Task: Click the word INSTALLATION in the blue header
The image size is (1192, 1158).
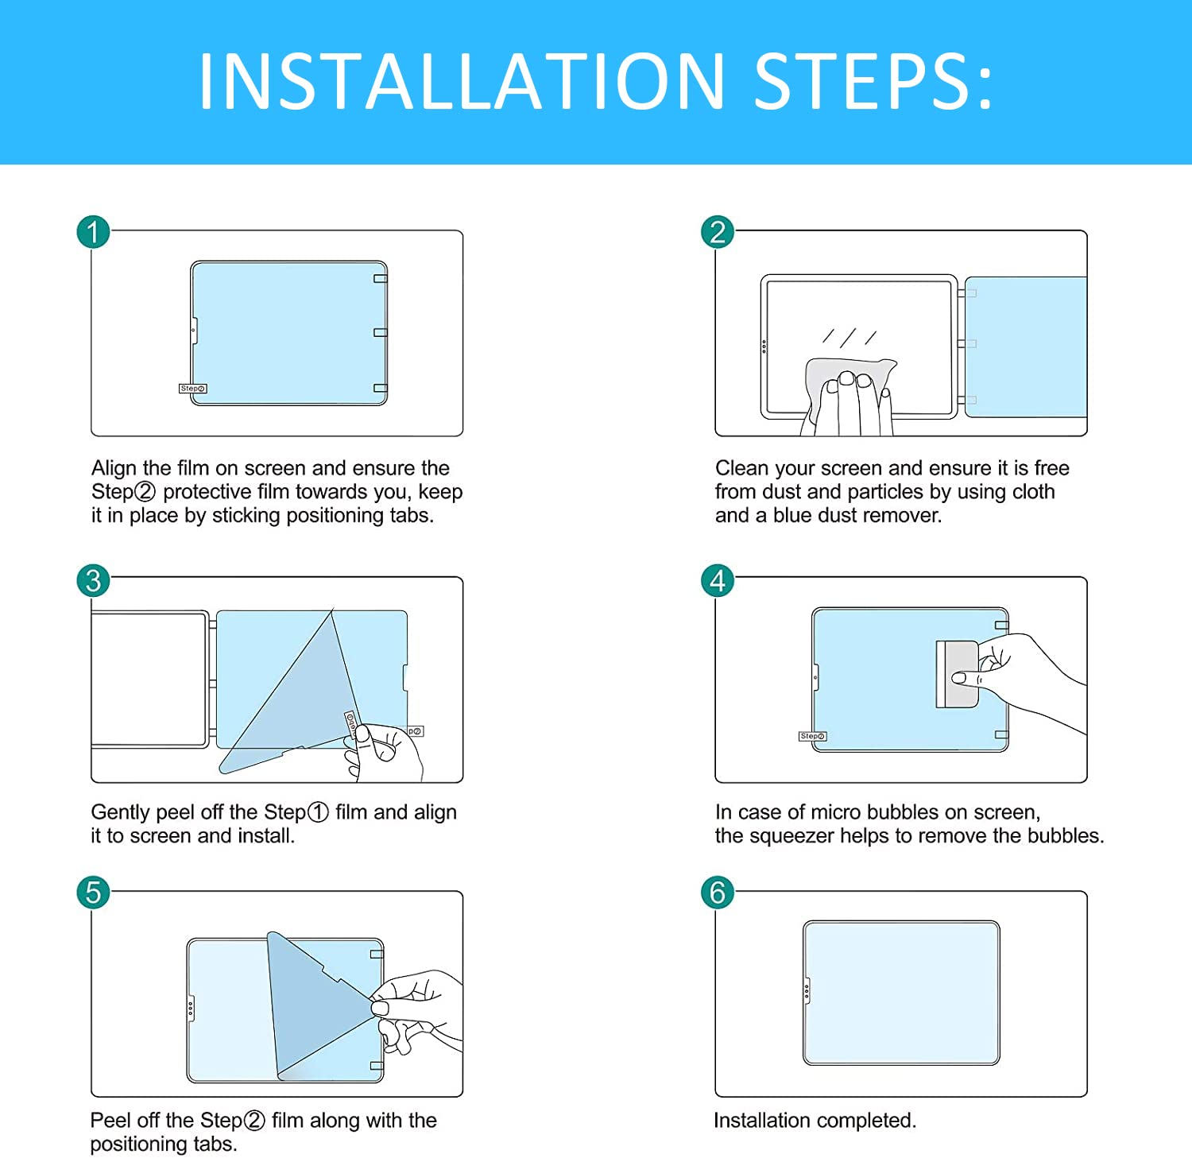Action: click(462, 81)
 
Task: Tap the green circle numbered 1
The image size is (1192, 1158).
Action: click(93, 232)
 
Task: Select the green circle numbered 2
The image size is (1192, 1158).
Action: click(718, 232)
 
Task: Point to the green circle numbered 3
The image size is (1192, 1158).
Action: click(93, 580)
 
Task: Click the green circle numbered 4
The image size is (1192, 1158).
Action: click(718, 580)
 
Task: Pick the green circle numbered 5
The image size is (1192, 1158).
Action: click(93, 892)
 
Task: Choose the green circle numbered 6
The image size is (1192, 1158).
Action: click(718, 892)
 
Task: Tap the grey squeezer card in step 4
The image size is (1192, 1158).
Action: click(958, 674)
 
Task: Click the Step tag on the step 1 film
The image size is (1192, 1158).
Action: click(192, 389)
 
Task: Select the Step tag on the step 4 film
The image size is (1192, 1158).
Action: click(812, 736)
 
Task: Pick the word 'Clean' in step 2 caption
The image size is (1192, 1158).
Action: click(742, 468)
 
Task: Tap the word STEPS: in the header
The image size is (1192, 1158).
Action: click(873, 81)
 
